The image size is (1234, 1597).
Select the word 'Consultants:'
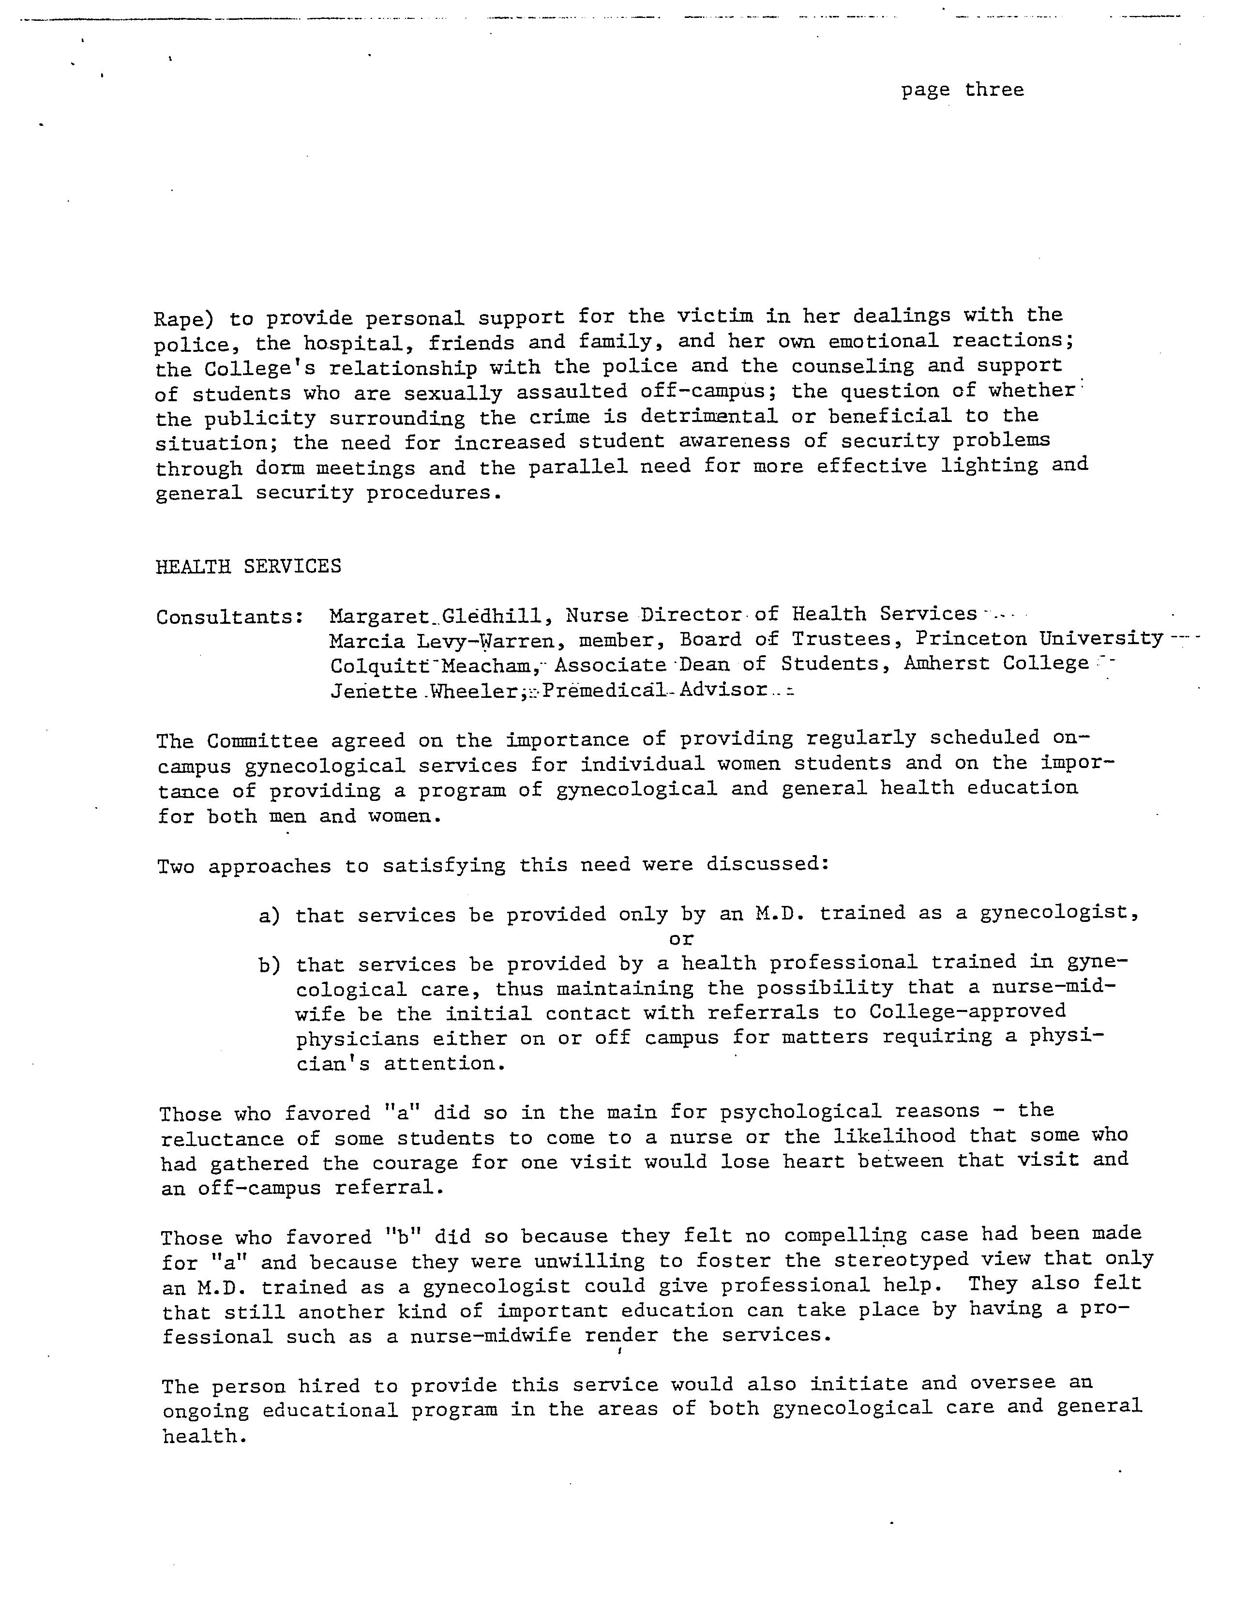[229, 617]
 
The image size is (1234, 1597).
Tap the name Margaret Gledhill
[436, 616]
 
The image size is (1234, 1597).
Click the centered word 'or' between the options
[680, 939]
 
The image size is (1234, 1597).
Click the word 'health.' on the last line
[200, 1437]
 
